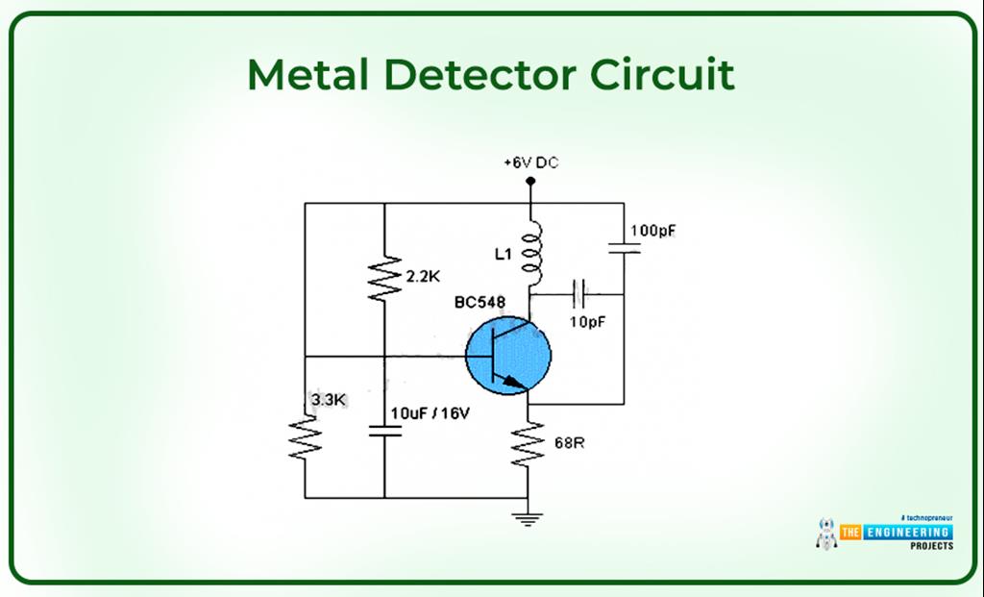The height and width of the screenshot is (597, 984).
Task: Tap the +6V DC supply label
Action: [x=530, y=163]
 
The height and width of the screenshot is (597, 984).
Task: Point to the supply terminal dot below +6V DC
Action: [x=530, y=180]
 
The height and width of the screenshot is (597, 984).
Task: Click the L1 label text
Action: [x=503, y=255]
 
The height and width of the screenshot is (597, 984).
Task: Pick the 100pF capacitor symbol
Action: [x=623, y=248]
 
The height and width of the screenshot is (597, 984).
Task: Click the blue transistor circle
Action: [x=508, y=355]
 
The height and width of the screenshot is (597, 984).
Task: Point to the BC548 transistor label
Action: [x=480, y=304]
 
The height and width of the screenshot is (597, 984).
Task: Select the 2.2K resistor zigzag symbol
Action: [x=384, y=278]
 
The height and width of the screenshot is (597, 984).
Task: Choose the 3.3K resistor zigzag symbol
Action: [x=305, y=436]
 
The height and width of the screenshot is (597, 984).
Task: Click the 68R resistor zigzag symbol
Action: [x=529, y=444]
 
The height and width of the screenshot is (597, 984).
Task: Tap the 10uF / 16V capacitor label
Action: [x=430, y=413]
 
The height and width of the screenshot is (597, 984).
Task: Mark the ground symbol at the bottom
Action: [x=529, y=519]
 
